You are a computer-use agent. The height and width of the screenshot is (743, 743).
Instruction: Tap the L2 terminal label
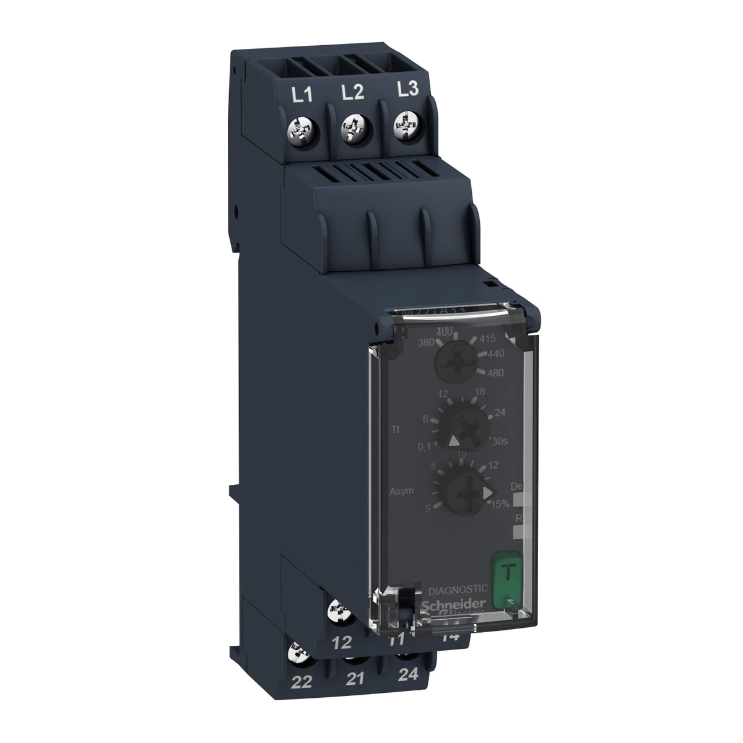352,93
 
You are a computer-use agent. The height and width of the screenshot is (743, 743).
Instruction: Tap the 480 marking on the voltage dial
495,373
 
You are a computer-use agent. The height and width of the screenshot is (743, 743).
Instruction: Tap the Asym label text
403,490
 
